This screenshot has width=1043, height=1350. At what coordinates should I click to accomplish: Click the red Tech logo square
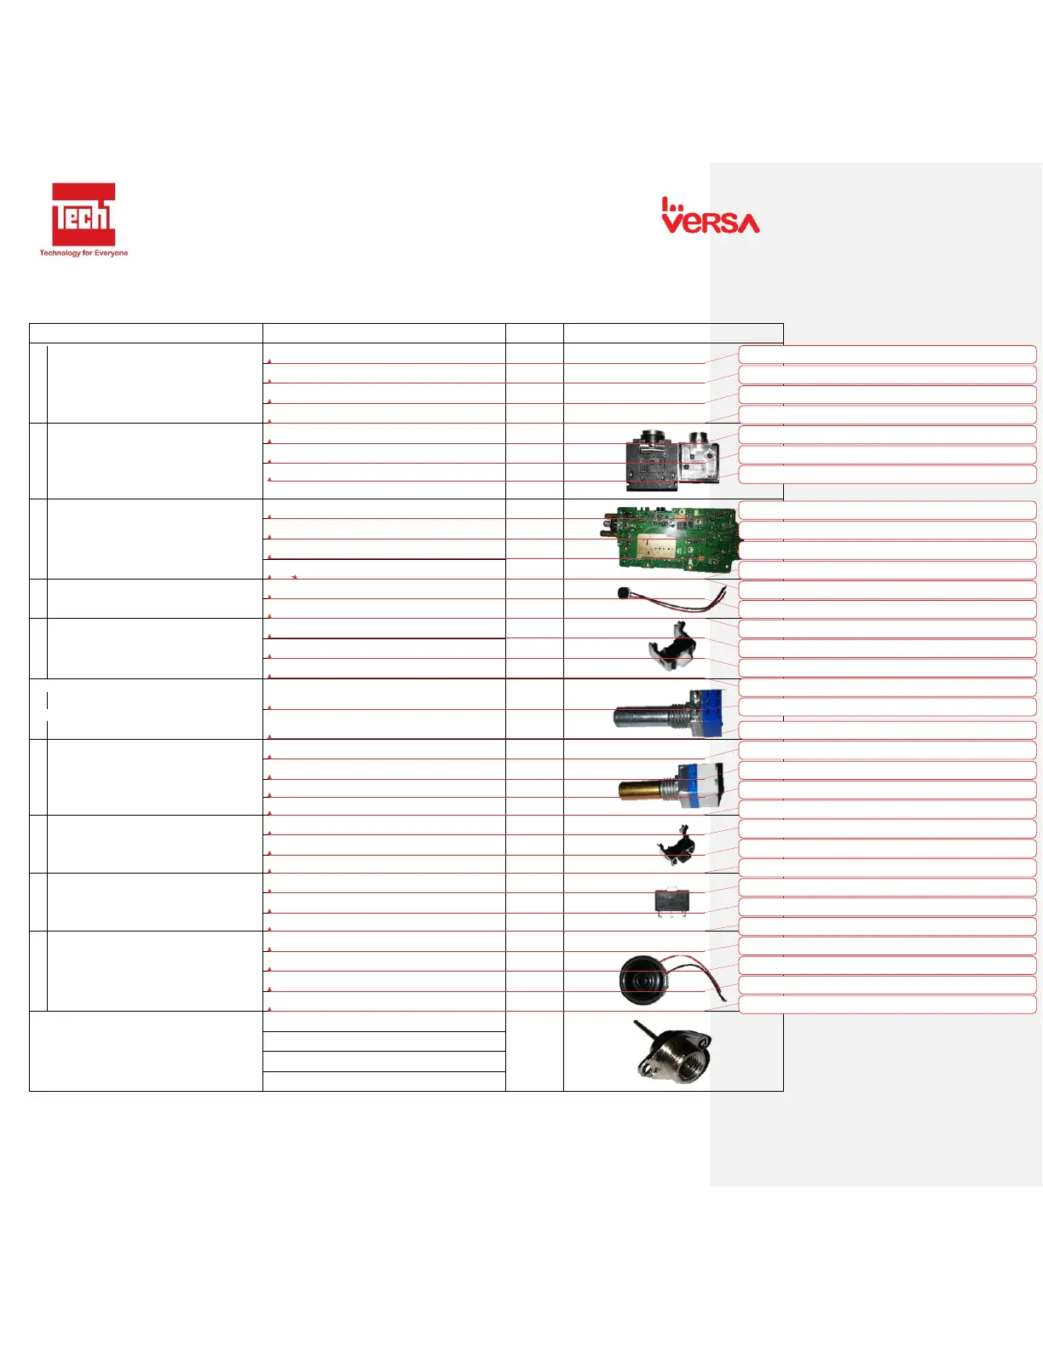coord(84,214)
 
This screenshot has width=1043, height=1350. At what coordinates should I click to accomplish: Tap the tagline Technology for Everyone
coord(84,253)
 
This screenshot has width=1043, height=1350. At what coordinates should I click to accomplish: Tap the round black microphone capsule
coord(624,591)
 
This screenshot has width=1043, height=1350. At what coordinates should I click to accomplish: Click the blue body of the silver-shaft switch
coord(707,712)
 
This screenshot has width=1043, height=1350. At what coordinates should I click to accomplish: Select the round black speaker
coord(643,978)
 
